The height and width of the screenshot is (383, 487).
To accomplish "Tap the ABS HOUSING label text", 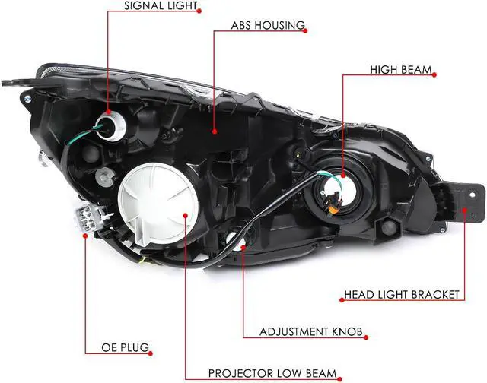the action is pos(268,26).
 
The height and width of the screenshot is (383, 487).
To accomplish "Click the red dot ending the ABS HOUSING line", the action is pos(214,131).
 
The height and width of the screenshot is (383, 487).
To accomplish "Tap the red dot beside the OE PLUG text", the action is pos(152,350).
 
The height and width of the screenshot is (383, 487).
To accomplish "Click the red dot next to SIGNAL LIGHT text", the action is pos(200,10).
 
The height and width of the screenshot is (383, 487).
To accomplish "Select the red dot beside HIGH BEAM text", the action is pos(435,73).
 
